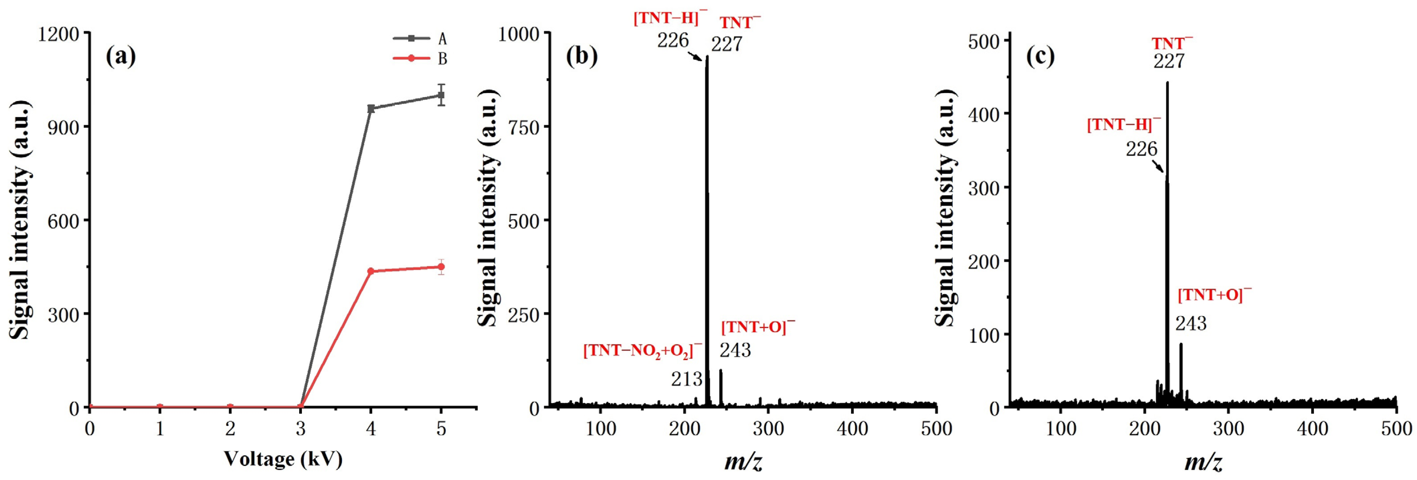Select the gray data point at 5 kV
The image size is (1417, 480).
pos(441,95)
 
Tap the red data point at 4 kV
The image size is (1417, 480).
pos(371,271)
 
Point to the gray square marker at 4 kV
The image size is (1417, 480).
pos(371,108)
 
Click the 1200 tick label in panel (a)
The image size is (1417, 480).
pos(58,34)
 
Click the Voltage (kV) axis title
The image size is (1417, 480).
pos(283,459)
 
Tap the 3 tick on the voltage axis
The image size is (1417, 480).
pos(300,428)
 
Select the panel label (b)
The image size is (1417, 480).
pos(581,56)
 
